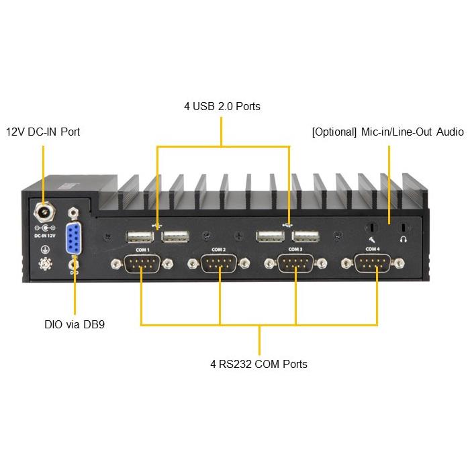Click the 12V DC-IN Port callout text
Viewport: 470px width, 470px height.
click(43, 132)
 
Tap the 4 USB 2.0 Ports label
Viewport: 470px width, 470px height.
click(222, 106)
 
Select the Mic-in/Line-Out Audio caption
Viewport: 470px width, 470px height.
click(387, 132)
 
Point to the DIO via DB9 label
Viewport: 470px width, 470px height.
click(74, 325)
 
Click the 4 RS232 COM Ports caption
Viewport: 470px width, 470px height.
click(258, 364)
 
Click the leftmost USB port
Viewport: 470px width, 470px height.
click(138, 236)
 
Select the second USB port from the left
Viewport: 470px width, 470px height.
click(175, 236)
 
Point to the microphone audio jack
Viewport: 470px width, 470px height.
click(369, 227)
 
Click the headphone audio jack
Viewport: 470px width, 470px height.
click(404, 227)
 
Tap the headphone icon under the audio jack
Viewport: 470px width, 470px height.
click(404, 238)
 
